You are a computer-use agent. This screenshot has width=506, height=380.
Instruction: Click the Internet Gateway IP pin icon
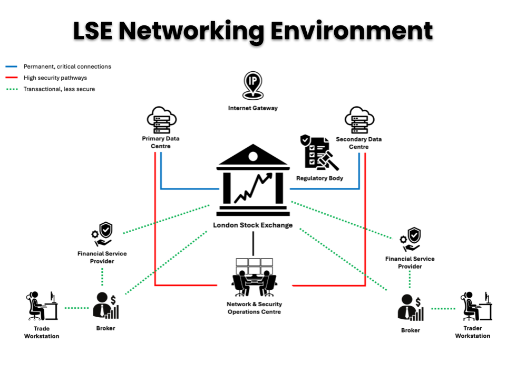coord(252,85)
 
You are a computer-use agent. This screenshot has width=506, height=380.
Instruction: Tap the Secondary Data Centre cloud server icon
coord(359,120)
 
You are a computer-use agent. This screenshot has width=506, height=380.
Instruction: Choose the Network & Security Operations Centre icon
coord(254,277)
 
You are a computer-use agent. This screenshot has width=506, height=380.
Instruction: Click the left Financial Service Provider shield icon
coord(102,234)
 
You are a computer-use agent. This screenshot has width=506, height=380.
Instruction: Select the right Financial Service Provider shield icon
coord(410,240)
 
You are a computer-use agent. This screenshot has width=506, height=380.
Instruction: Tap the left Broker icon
coord(106,306)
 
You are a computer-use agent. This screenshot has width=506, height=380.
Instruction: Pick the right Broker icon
coord(411,308)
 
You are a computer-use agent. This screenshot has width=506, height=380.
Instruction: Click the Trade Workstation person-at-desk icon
coord(42,306)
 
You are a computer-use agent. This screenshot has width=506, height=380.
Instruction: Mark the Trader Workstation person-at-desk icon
coord(476,306)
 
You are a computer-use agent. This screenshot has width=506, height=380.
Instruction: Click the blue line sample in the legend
coord(12,67)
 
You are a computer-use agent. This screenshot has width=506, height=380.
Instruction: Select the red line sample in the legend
coord(12,78)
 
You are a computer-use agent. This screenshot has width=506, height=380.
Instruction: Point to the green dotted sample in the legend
coord(12,89)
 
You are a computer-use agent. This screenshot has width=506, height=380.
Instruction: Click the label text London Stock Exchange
coord(252,225)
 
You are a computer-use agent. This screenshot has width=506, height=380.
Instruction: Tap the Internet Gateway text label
coord(252,108)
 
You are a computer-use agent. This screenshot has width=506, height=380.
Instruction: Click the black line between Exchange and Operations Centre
coord(253,243)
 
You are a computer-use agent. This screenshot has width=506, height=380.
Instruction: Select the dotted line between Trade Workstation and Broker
coord(76,308)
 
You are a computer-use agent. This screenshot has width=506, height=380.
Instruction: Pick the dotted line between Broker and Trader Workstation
coord(443,309)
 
